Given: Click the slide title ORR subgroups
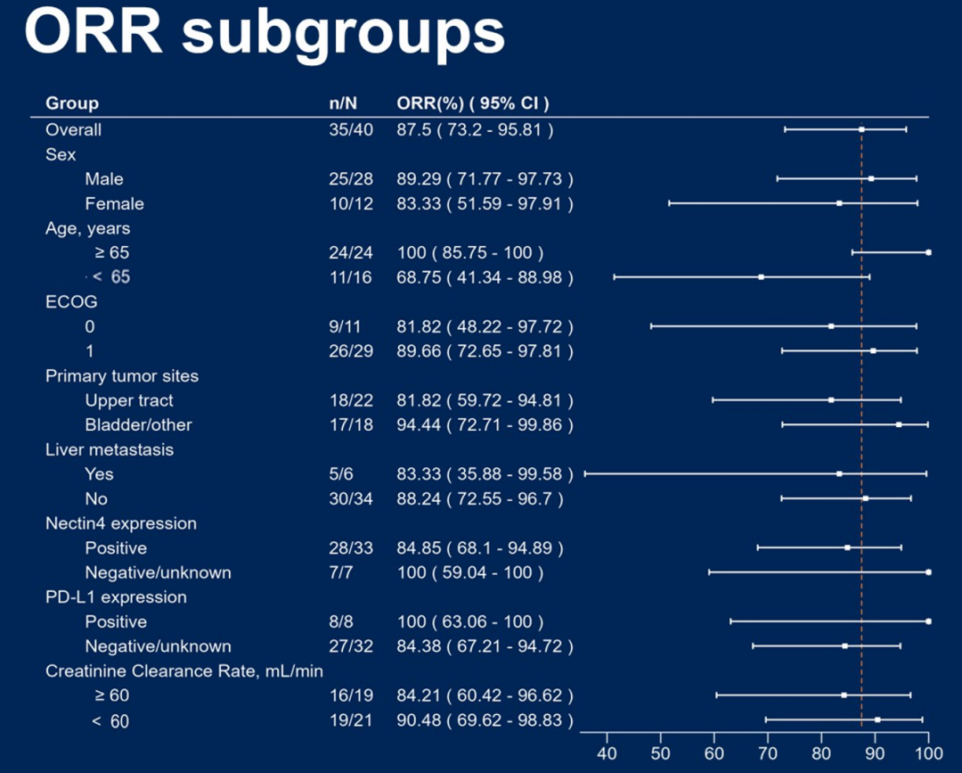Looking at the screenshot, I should tap(265, 33).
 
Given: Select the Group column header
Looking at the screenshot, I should tap(72, 103).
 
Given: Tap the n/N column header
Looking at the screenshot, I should tap(343, 103).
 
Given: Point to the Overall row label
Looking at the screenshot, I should tap(74, 130).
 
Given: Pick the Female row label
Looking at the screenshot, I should tap(114, 204).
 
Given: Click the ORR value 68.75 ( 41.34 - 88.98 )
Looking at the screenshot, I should tap(485, 278).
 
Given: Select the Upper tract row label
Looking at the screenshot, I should tap(129, 400).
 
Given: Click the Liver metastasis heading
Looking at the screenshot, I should tap(110, 449).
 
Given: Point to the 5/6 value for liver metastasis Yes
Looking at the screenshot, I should tap(340, 474).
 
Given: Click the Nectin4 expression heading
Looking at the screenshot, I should tap(121, 523).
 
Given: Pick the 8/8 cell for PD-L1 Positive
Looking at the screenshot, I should tap(340, 621).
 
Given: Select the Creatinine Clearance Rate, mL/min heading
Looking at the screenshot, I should tap(184, 670).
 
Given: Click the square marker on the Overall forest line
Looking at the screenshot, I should tap(861, 129).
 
